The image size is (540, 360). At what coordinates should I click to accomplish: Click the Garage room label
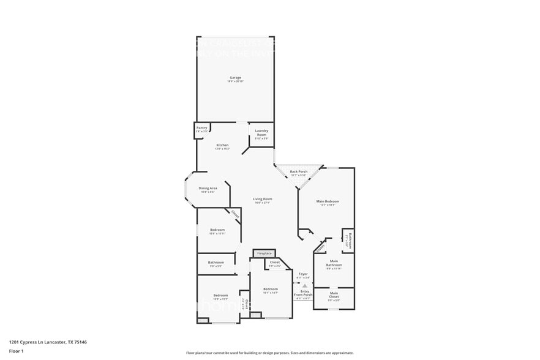click(x=235, y=78)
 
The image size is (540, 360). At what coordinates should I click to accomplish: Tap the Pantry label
click(x=202, y=129)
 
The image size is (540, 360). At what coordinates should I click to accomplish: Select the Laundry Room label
click(x=261, y=132)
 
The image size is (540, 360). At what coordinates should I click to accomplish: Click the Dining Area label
click(x=208, y=189)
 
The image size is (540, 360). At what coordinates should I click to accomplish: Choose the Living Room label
click(x=263, y=200)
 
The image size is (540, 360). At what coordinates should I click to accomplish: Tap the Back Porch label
click(x=298, y=172)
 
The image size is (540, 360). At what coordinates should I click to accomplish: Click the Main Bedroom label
click(x=328, y=202)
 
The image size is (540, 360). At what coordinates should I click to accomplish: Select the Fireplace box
click(x=264, y=253)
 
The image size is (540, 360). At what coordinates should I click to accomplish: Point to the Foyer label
click(x=303, y=274)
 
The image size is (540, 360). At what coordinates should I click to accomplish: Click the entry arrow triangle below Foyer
click(x=304, y=285)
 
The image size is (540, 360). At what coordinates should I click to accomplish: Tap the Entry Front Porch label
click(x=304, y=293)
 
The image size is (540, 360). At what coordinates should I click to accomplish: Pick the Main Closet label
click(x=334, y=294)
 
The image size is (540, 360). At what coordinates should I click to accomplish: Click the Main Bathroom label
click(x=334, y=263)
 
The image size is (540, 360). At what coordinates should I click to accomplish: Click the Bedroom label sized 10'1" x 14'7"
click(x=271, y=290)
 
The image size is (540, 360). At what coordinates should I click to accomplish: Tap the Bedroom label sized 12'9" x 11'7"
click(x=220, y=296)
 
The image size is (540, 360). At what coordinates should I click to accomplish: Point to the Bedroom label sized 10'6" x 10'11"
click(x=217, y=231)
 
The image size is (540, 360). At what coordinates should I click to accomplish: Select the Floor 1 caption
click(x=16, y=351)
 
